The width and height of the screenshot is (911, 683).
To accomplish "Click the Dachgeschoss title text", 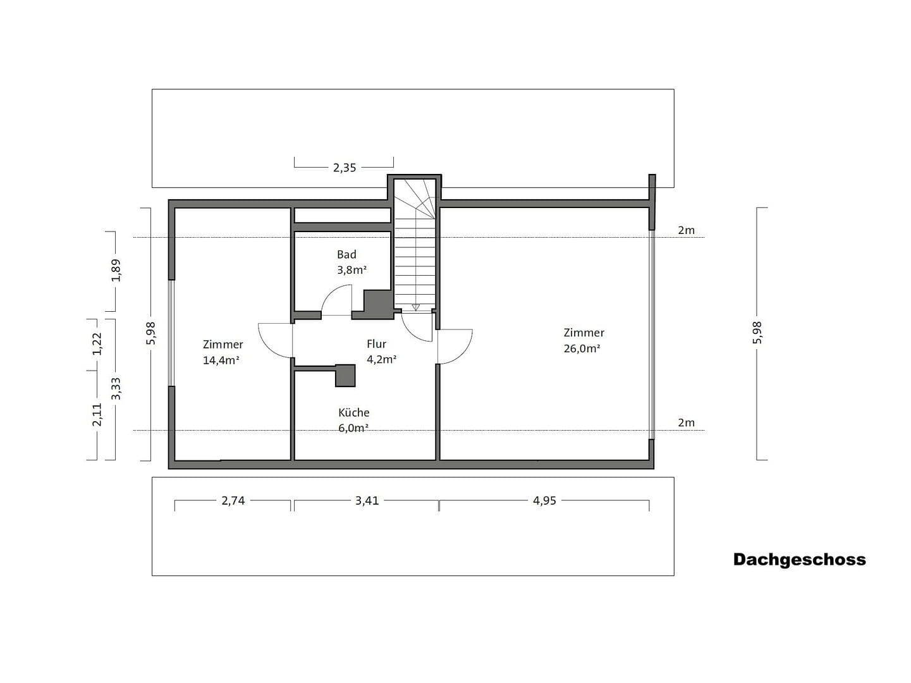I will tap(799, 560).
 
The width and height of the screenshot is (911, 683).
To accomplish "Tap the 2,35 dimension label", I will tap(345, 168).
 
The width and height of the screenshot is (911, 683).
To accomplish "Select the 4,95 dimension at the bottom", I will tap(544, 501).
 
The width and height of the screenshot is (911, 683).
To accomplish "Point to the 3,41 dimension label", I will tap(367, 501).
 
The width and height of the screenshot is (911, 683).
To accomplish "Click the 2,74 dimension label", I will tap(233, 501).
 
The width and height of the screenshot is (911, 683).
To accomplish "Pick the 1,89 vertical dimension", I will tap(116, 270).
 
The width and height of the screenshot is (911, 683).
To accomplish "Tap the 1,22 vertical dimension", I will tap(97, 343).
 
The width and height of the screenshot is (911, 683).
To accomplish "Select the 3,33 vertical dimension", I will tap(116, 388).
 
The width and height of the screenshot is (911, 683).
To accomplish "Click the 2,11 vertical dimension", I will tap(97, 414).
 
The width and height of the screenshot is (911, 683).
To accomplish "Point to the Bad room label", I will tap(346, 254).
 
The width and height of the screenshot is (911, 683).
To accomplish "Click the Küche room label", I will tap(353, 412).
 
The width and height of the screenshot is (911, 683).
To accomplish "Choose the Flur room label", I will tap(376, 344).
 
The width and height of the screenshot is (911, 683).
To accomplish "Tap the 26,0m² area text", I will tap(582, 348).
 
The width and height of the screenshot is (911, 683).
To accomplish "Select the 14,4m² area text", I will tap(221, 360).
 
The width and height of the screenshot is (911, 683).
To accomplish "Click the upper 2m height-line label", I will tap(686, 230).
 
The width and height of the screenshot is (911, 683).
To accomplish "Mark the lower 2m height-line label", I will tap(686, 422).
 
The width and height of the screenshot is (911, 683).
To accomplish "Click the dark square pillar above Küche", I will tap(345, 375).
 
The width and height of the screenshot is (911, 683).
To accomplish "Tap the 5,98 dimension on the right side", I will tap(757, 333).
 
